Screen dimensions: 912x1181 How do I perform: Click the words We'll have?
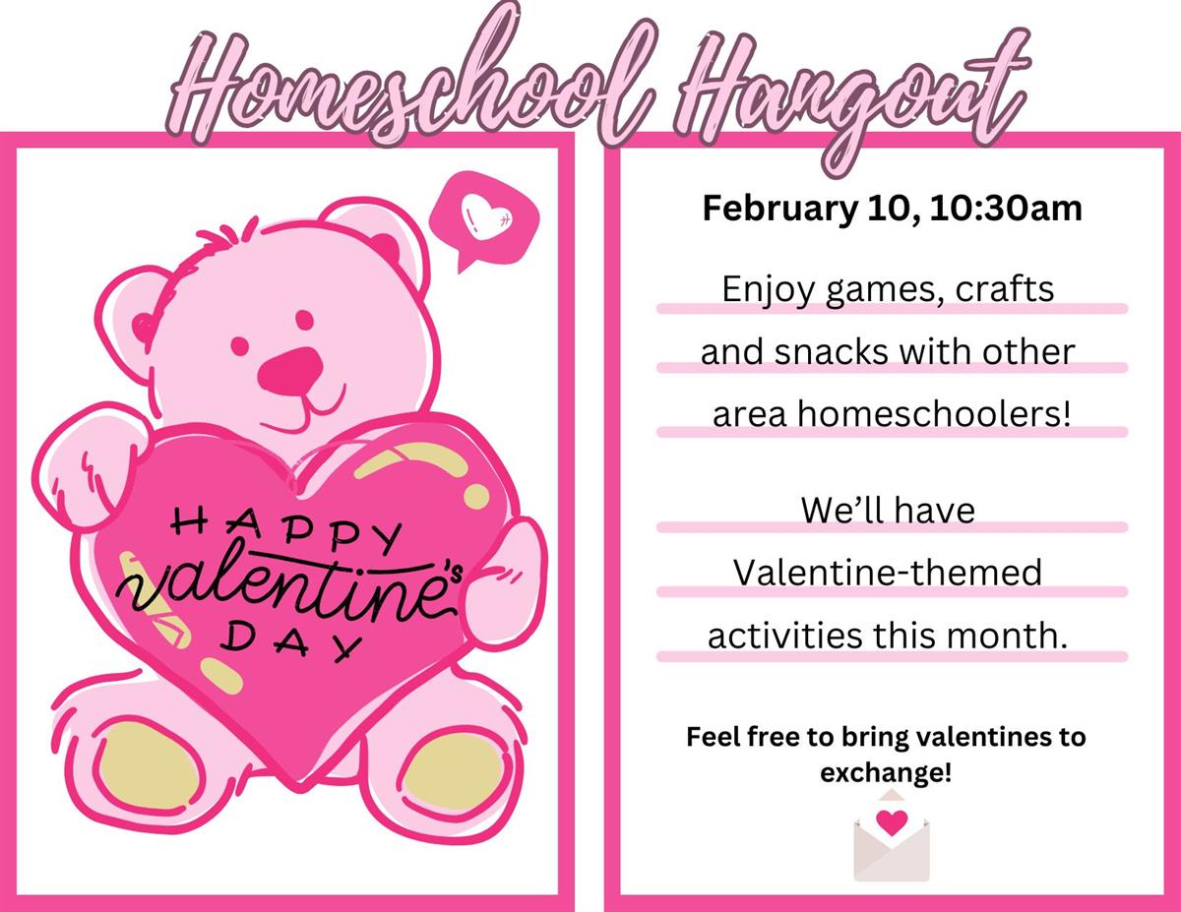tap(887, 511)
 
